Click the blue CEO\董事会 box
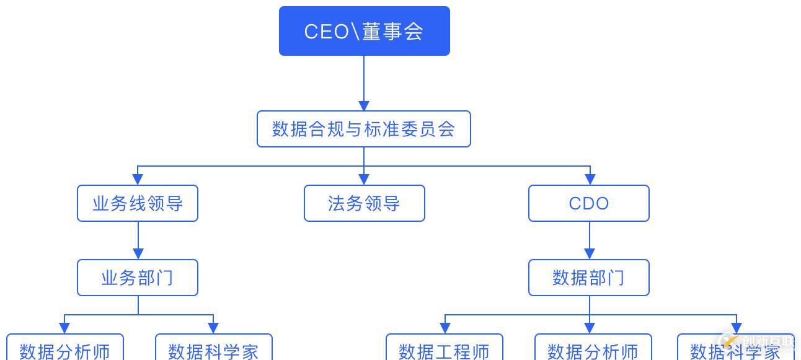(x=364, y=31)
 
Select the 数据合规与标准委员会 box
(x=364, y=129)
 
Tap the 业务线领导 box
(x=138, y=203)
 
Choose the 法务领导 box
(x=364, y=203)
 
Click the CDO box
(x=588, y=203)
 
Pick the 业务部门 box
(x=138, y=278)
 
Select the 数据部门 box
(x=588, y=278)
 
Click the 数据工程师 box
(x=444, y=349)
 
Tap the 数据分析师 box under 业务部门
(x=64, y=349)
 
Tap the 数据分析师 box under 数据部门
(x=593, y=349)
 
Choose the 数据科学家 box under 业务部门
(x=213, y=349)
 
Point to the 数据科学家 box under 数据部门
(x=735, y=349)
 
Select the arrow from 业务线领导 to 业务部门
(x=138, y=240)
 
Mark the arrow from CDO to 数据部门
(x=589, y=240)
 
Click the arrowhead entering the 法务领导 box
(x=364, y=179)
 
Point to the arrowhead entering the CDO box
(x=589, y=179)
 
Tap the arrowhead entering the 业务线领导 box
(x=138, y=179)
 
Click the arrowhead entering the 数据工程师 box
(x=445, y=328)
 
